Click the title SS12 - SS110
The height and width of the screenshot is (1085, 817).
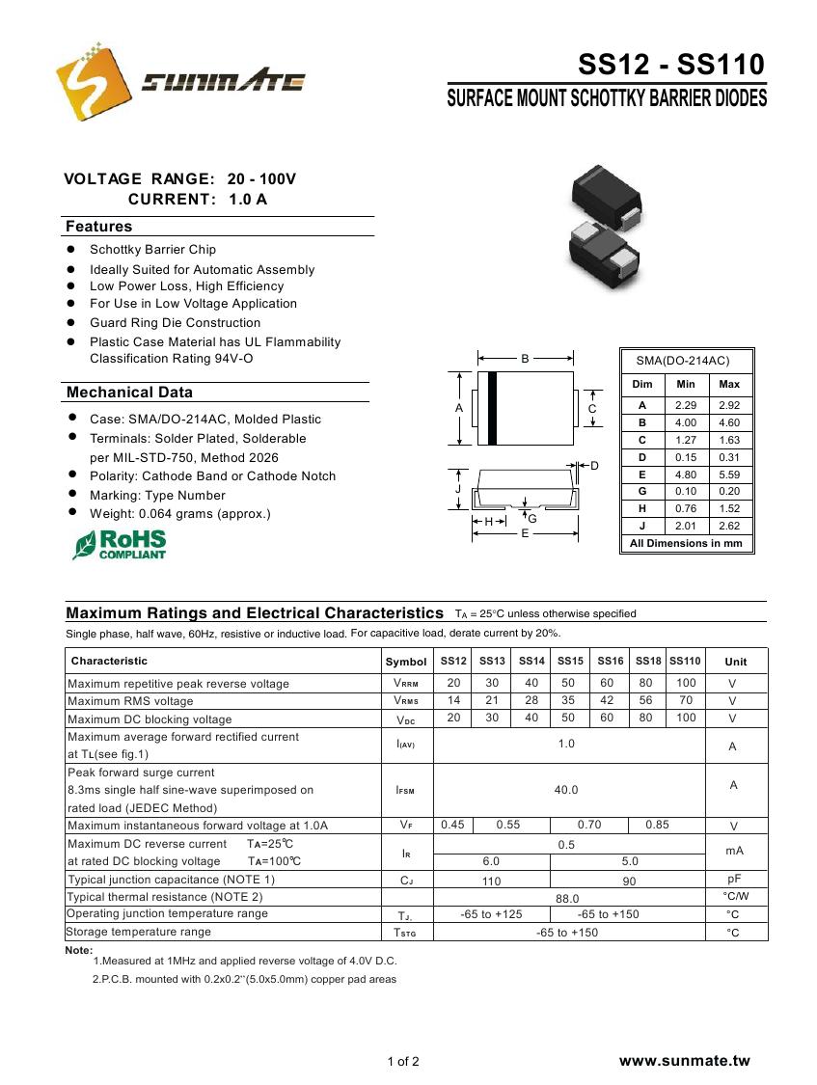pyautogui.click(x=670, y=65)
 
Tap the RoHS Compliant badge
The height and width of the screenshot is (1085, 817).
pyautogui.click(x=120, y=544)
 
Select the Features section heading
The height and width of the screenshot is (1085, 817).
pyautogui.click(x=98, y=227)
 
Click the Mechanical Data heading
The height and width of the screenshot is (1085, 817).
pyautogui.click(x=129, y=393)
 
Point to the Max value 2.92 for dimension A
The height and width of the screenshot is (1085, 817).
pyautogui.click(x=729, y=406)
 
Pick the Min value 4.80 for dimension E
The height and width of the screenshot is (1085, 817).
pyautogui.click(x=686, y=475)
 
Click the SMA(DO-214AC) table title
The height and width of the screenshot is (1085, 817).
pyautogui.click(x=682, y=361)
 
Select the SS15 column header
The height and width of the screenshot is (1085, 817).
pyautogui.click(x=570, y=661)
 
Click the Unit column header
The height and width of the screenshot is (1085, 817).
pyautogui.click(x=735, y=662)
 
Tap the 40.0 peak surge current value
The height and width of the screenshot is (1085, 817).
pyautogui.click(x=566, y=790)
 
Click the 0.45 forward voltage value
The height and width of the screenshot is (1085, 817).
pyautogui.click(x=452, y=825)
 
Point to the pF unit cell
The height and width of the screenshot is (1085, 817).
pyautogui.click(x=733, y=880)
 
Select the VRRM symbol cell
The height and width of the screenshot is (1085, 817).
pyautogui.click(x=405, y=684)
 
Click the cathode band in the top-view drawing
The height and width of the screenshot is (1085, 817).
pyautogui.click(x=492, y=409)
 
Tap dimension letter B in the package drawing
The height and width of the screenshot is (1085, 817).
pyautogui.click(x=525, y=359)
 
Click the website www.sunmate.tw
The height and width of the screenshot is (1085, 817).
pyautogui.click(x=684, y=1061)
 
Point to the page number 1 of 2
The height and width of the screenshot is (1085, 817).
pyautogui.click(x=403, y=1063)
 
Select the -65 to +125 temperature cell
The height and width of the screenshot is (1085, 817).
pyautogui.click(x=491, y=914)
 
